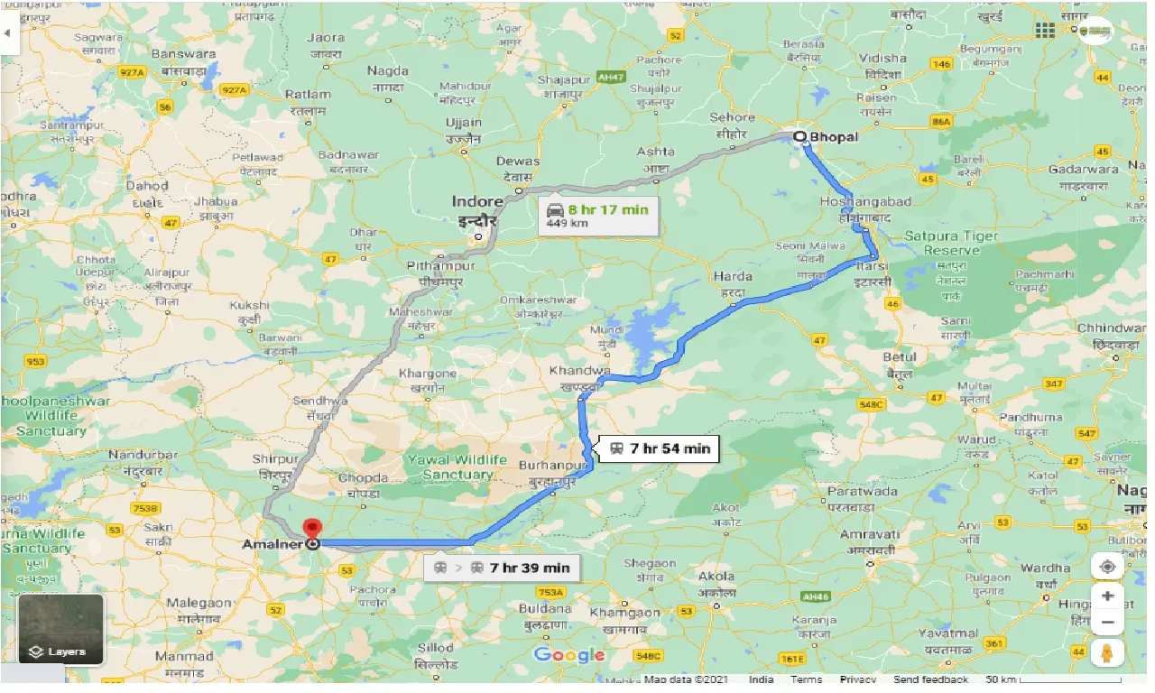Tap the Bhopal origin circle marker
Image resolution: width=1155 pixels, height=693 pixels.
[799, 137]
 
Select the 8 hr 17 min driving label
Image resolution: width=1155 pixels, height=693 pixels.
[597, 216]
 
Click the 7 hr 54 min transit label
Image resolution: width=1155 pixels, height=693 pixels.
[659, 448]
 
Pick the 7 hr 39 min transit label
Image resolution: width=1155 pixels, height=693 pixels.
[503, 568]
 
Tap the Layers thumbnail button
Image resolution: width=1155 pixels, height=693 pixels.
[60, 629]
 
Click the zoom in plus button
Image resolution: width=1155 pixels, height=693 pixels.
[1107, 596]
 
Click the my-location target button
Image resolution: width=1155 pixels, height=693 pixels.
[1107, 567]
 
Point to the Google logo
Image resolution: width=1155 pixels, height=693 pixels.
[568, 655]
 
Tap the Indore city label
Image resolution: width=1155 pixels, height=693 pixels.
[477, 202]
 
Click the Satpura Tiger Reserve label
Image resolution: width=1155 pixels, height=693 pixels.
[951, 243]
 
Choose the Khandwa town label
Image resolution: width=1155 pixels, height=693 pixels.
[579, 370]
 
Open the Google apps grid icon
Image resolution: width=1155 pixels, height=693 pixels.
[1045, 30]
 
